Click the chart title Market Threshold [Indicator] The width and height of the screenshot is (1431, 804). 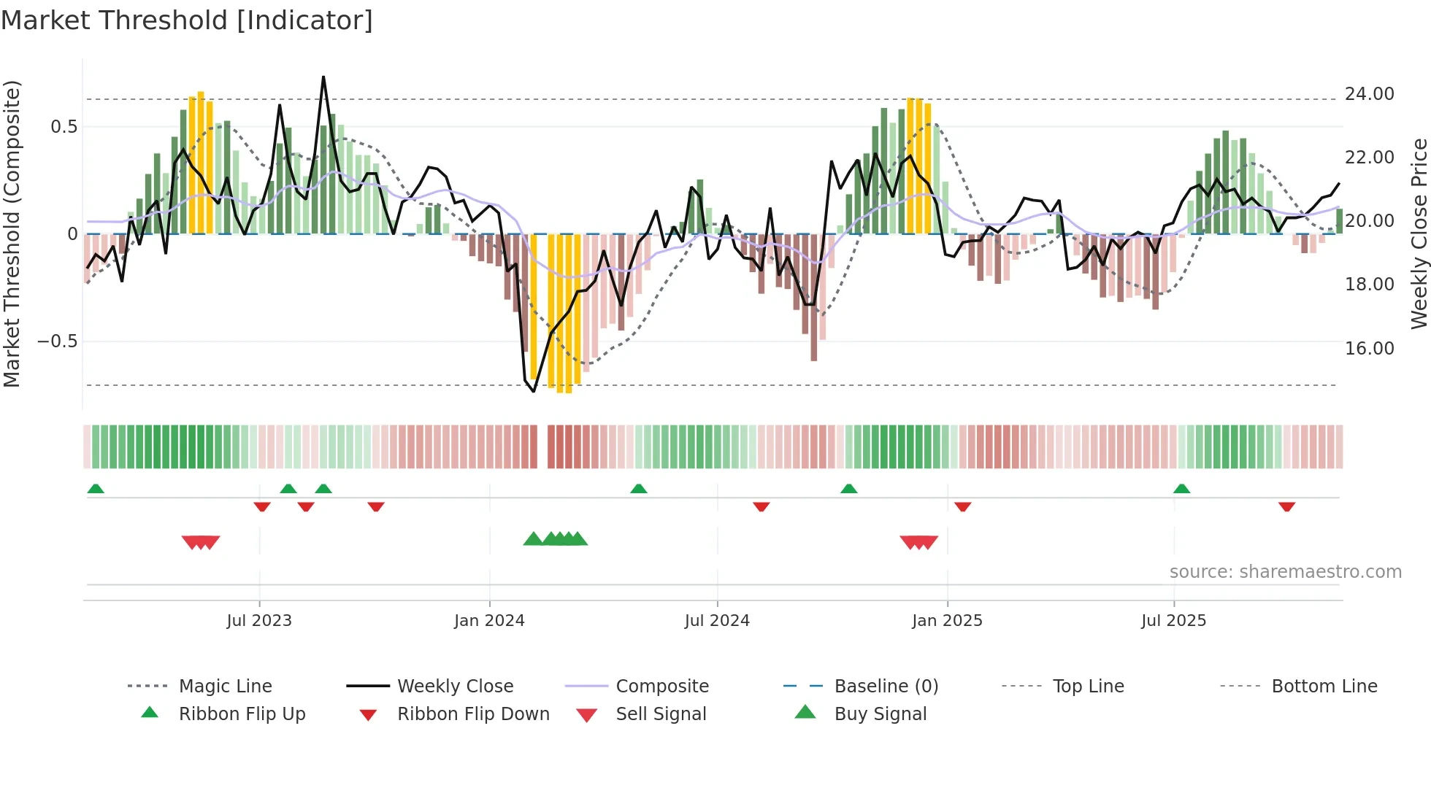(x=187, y=20)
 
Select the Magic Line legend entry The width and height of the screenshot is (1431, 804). (x=225, y=686)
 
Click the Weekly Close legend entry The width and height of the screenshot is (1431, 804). (x=455, y=686)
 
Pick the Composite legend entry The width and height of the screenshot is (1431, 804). (x=661, y=686)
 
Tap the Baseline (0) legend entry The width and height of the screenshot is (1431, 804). (x=886, y=686)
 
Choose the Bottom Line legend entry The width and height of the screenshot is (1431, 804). (x=1324, y=686)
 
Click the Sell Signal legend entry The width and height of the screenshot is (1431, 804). (x=661, y=714)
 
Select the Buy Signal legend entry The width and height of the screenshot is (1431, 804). (x=880, y=714)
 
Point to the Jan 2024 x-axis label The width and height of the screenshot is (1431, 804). (x=489, y=620)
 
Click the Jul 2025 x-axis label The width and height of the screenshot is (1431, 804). (x=1173, y=620)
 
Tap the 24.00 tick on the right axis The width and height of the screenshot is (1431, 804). (x=1369, y=94)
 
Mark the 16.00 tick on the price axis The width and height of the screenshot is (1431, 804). (x=1369, y=348)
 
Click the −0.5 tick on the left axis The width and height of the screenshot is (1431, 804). (x=57, y=341)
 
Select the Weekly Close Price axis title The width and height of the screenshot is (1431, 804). (x=1419, y=233)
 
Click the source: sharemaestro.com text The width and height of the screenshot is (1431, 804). (x=1285, y=571)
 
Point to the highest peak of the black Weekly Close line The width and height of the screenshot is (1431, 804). (x=323, y=77)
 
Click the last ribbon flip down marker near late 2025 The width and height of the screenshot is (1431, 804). (x=1286, y=506)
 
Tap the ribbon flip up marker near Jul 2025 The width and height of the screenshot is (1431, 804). (x=1181, y=488)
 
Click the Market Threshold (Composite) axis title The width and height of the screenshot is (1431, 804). (x=12, y=233)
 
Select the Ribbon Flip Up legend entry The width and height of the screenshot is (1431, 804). (x=242, y=714)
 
